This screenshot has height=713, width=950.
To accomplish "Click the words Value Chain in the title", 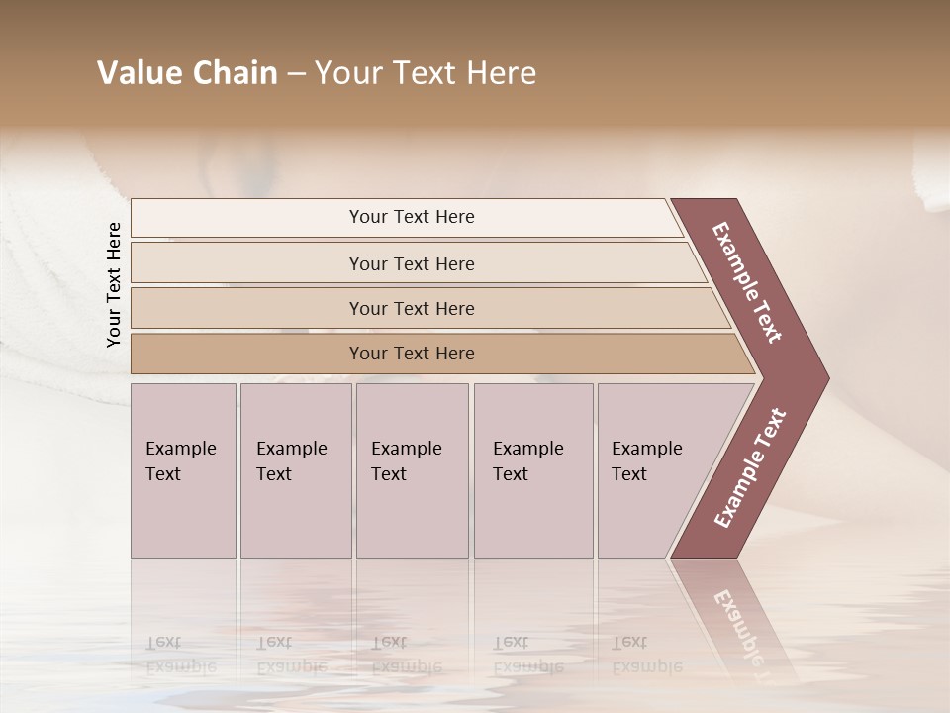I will tap(187, 73).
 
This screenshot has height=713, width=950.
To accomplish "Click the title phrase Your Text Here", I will tap(426, 73).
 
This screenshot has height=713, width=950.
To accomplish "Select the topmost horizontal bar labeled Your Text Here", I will tap(412, 217).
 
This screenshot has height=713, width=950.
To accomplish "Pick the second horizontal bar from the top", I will tap(412, 263).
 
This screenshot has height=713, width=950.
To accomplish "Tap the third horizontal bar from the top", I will tap(412, 308).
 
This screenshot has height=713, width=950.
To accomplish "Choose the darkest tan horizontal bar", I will tap(412, 354).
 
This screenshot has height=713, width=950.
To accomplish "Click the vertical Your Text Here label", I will tap(114, 284).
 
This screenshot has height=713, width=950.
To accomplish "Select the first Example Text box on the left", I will tap(183, 470).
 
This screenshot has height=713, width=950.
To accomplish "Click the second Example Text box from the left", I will tap(295, 470).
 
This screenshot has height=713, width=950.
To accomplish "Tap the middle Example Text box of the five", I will tap(412, 470).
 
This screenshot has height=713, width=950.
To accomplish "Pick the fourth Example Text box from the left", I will tap(533, 470).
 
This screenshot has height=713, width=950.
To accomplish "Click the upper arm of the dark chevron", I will tap(748, 282).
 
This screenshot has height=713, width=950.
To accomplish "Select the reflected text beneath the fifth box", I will tap(645, 654).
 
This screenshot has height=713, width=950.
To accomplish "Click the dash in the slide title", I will tap(296, 74).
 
